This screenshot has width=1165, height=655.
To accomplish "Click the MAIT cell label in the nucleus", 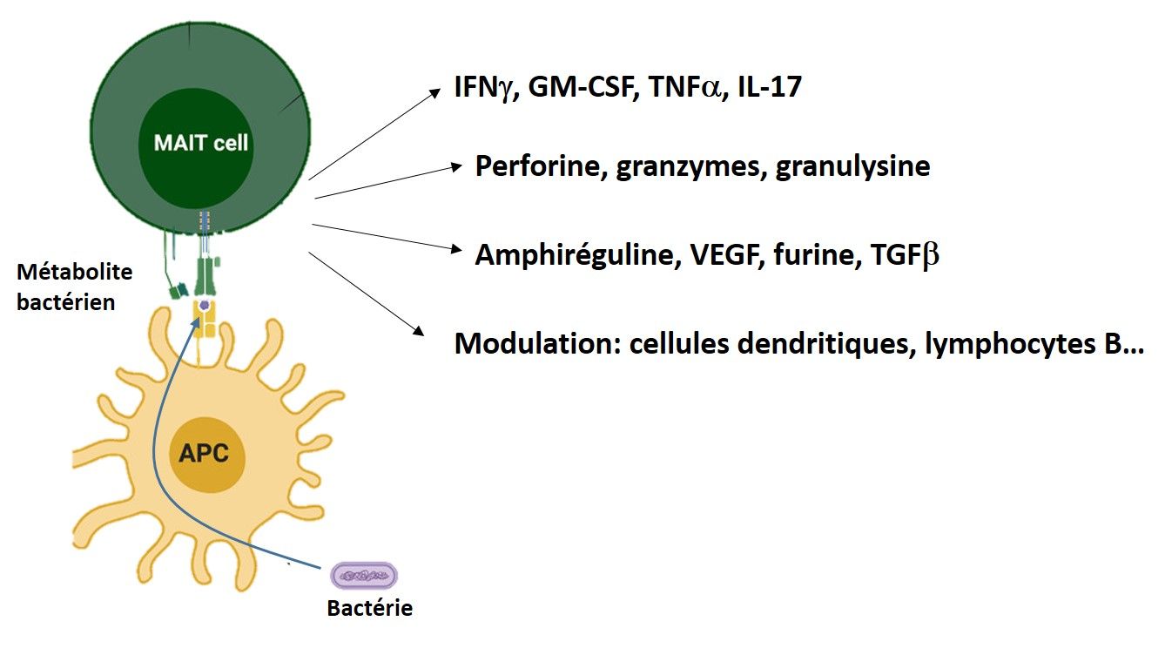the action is (201, 143).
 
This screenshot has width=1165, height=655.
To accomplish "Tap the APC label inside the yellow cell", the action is (204, 453).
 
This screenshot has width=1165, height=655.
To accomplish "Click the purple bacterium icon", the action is (364, 576).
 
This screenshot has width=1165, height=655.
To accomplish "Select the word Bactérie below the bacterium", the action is (370, 608).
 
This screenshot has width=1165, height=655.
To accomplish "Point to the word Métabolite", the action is (74, 272).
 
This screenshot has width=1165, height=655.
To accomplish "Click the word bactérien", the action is (66, 302).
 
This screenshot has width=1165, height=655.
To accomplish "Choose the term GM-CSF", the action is (583, 87).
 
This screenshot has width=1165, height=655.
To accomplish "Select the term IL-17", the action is (770, 87).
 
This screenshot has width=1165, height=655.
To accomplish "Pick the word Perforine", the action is (541, 166).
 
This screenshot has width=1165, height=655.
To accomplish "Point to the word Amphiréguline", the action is (578, 255).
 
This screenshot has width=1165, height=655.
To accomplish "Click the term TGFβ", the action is (905, 255).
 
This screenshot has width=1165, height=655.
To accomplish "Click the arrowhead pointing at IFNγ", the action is (434, 94).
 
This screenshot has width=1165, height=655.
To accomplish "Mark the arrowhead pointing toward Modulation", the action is (419, 330).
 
